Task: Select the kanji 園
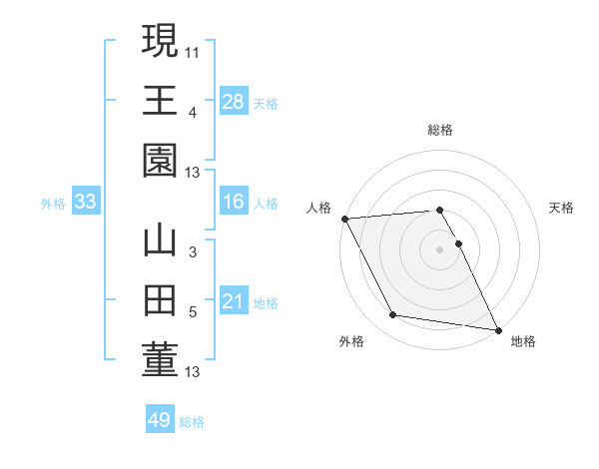160,161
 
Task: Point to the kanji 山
160,241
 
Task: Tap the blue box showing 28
234,101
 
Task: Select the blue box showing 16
234,202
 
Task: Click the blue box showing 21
234,301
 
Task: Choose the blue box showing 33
86,202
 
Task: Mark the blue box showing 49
160,420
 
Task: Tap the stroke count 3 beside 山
193,252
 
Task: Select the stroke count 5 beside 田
193,311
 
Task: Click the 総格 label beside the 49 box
192,422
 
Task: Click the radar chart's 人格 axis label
319,208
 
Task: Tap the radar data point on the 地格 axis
497,329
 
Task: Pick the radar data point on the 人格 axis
344,218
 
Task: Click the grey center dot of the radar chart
440,248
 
